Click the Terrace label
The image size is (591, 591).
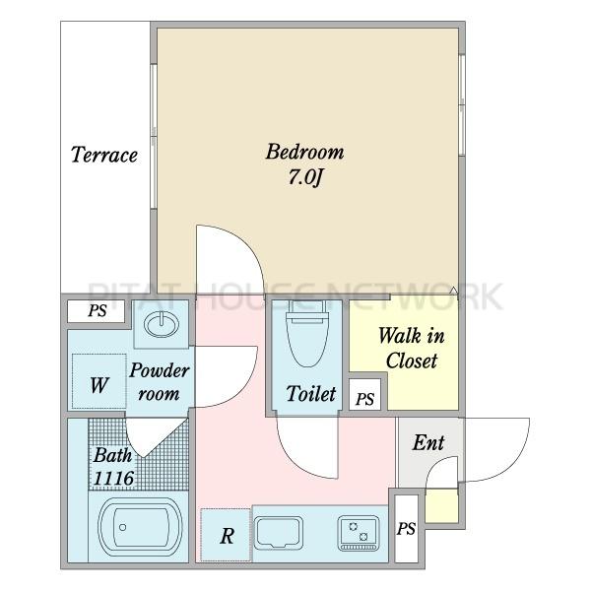pos(104,155)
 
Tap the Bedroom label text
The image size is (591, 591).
pos(304,152)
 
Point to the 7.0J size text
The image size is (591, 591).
pos(305,176)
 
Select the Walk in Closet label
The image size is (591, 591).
pos(411,348)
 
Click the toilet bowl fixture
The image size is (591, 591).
pos(306,334)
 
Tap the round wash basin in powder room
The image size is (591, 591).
pos(162,324)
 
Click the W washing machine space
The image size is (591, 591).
pos(99,381)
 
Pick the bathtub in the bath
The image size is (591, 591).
pos(140,527)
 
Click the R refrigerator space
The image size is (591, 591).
pos(226,535)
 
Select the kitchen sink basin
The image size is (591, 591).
pos(278,533)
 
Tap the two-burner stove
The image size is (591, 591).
pos(359,533)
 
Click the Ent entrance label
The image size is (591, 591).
pos(428,442)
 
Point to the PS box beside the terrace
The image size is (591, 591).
pos(96,311)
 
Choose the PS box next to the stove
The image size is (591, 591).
pos(406,528)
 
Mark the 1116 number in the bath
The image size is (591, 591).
pos(114,479)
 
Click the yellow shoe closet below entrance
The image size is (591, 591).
pos(441,505)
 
